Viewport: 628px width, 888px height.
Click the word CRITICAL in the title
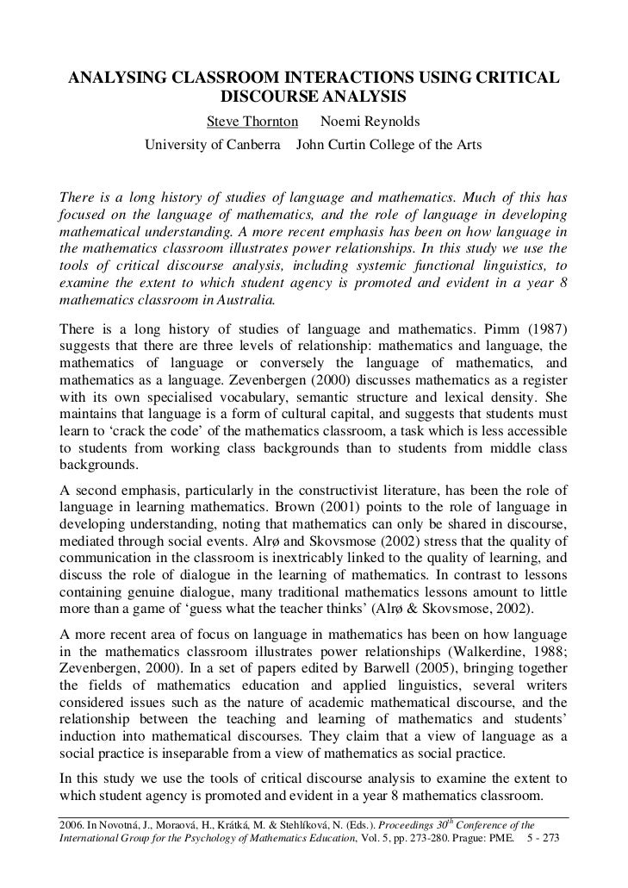(513, 79)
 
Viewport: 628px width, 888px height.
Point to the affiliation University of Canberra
(212, 145)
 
